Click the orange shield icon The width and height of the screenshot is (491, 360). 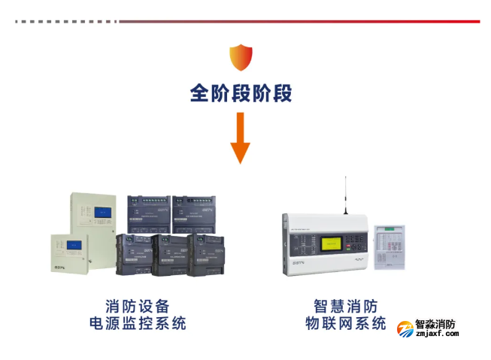coord(241,57)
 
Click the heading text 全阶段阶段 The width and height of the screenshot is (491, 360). coord(241,93)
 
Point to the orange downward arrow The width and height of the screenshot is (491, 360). coord(241,138)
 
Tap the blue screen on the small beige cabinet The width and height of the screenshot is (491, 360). coord(74,244)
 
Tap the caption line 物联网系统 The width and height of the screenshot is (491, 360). coord(345,324)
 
